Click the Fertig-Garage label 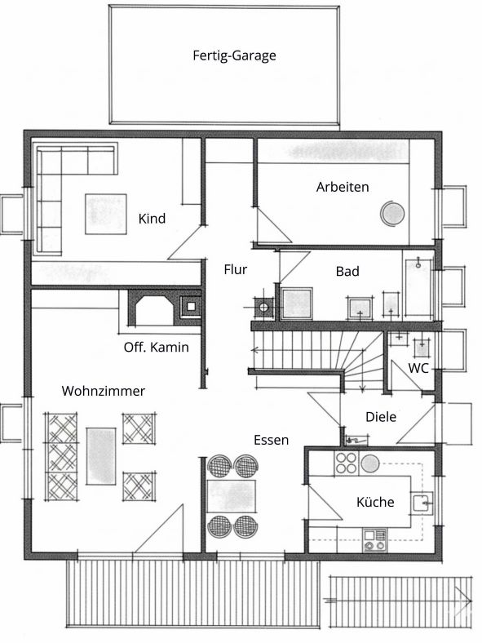[234, 55]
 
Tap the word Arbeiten [343, 187]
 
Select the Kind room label [152, 218]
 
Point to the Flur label [236, 269]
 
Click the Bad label [347, 271]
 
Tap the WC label [418, 368]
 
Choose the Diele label [381, 417]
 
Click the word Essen [272, 440]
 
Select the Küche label [375, 502]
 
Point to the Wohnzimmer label [104, 391]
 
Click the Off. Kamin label [157, 348]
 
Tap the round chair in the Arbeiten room [392, 214]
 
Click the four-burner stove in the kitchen [347, 463]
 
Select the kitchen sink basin [422, 503]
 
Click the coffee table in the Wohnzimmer [101, 456]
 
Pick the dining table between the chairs [232, 496]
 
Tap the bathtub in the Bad [418, 289]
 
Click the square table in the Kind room [106, 214]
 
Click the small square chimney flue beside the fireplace [191, 306]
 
